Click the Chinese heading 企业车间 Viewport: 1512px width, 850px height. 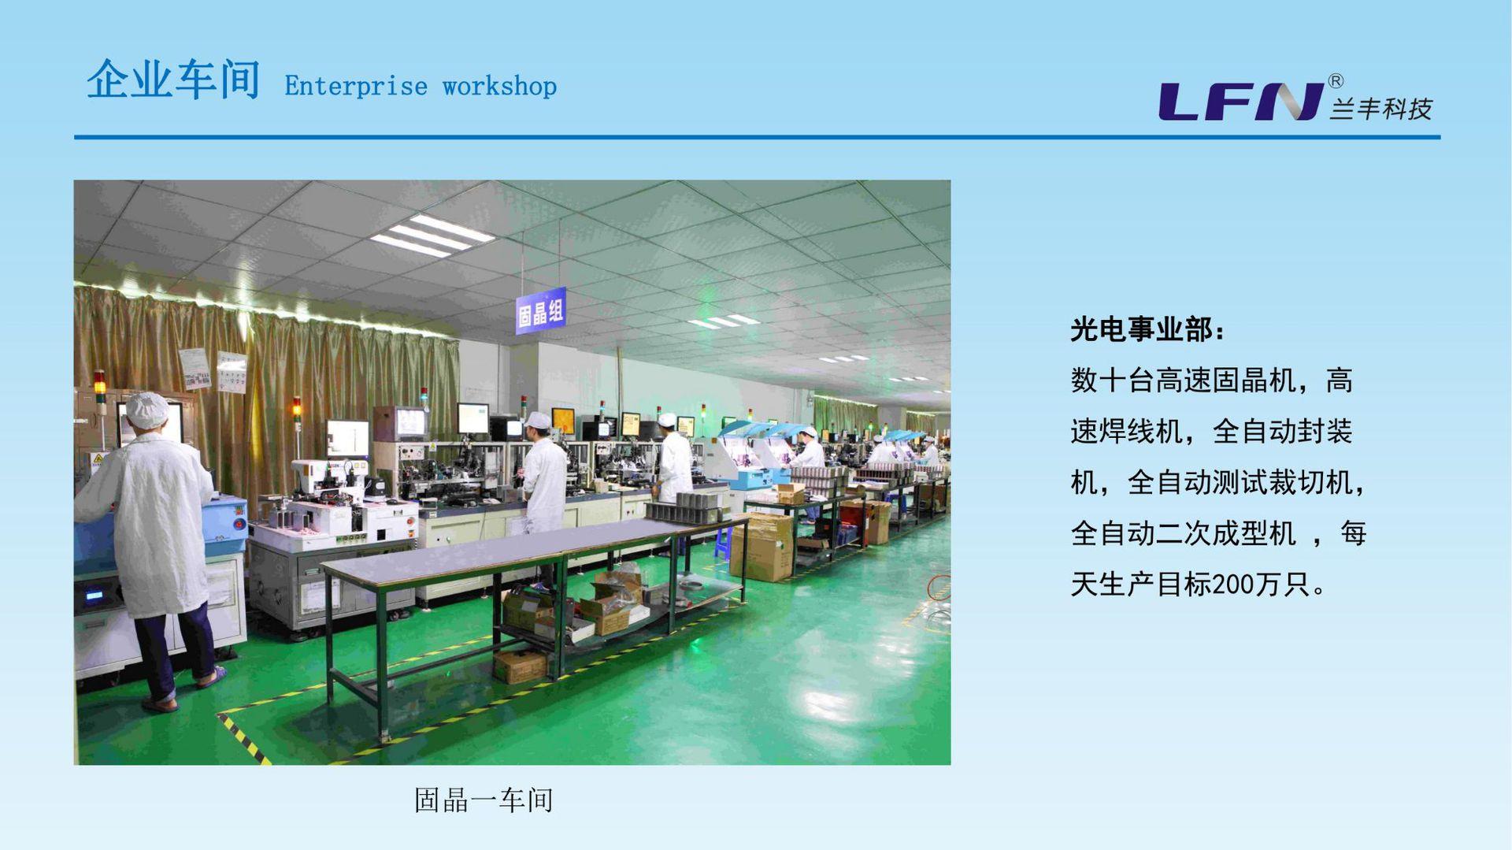click(173, 80)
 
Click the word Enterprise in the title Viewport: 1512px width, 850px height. click(356, 86)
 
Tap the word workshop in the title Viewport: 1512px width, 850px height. click(499, 86)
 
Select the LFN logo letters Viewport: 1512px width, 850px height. click(1241, 102)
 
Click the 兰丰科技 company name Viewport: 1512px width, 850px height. click(1381, 109)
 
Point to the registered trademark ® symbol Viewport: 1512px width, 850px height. click(1336, 81)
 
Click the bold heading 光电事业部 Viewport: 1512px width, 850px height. click(1141, 330)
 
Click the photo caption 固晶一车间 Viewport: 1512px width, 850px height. click(484, 800)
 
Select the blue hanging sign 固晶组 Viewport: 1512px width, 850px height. click(540, 312)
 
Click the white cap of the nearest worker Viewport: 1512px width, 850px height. click(147, 410)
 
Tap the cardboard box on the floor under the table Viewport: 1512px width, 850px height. click(520, 666)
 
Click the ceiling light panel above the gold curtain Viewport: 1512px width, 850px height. click(432, 235)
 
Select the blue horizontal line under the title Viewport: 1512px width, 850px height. click(758, 137)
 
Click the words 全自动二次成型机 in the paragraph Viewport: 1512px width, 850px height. click(1184, 534)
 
